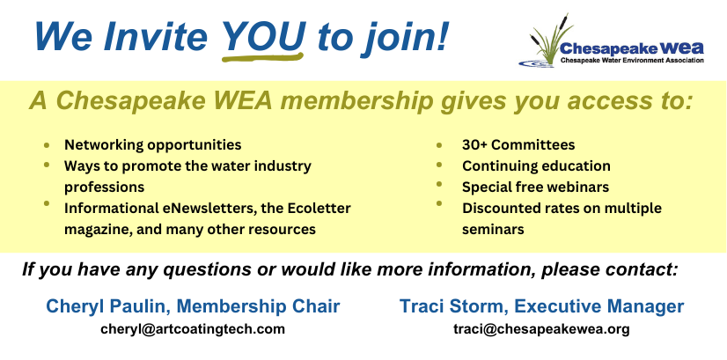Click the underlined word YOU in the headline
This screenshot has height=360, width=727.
263,36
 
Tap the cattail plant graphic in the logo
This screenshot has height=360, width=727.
547,40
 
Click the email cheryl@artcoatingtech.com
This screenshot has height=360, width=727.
193,329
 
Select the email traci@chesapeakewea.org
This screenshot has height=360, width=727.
541,329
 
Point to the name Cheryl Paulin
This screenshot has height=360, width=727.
108,306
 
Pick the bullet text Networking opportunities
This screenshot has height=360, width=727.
153,145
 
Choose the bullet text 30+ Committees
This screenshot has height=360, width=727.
518,144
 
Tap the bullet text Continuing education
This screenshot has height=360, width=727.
536,166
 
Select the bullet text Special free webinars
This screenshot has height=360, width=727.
535,187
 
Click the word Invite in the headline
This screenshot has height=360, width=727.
155,36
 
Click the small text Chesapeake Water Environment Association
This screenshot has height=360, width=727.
632,61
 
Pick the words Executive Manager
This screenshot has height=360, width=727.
599,306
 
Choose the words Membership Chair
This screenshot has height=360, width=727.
258,306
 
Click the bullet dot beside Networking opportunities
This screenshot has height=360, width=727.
47,145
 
